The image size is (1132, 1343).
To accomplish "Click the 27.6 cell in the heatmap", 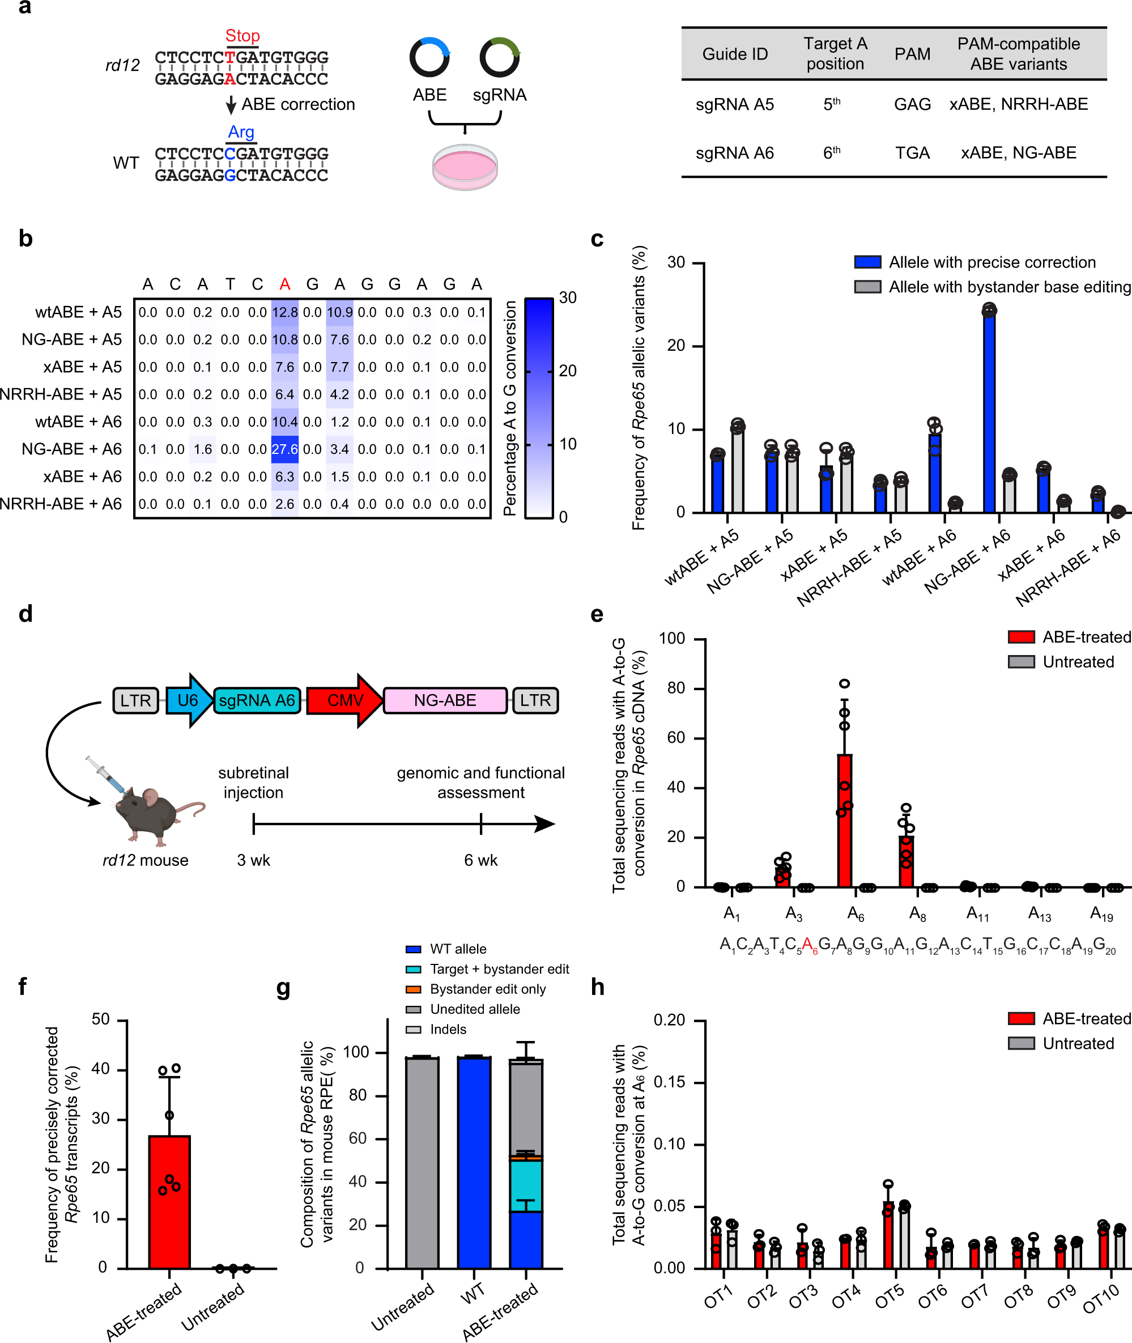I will [284, 449].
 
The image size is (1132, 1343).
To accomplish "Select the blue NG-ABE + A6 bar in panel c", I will [989, 411].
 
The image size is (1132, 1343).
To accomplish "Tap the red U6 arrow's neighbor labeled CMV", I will [344, 700].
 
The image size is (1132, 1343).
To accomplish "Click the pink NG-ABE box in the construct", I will [445, 700].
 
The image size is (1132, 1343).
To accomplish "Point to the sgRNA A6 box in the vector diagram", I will [257, 700].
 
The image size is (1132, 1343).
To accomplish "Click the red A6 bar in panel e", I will [845, 821].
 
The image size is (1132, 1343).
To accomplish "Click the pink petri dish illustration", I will [465, 167].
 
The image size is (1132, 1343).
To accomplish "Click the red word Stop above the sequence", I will [242, 36].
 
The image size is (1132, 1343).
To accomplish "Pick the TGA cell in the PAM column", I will [912, 152].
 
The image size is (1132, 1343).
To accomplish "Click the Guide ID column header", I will [735, 54].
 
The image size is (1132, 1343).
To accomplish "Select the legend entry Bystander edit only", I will [487, 989].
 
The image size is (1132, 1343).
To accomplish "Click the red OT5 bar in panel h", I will [888, 1235].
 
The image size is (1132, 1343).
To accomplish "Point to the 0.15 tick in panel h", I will [669, 1082].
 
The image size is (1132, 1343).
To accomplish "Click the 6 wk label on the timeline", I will [480, 860].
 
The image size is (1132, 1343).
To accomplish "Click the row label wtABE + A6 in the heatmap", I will [78, 422].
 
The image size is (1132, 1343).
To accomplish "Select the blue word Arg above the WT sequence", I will [241, 132].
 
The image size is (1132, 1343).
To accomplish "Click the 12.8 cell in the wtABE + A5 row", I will [284, 312].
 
